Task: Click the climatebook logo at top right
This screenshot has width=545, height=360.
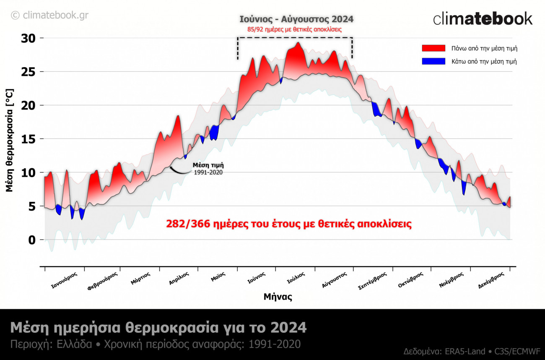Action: point(483,19)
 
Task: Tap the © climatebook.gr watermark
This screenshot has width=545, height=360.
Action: point(49,16)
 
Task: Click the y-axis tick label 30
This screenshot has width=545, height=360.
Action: point(29,38)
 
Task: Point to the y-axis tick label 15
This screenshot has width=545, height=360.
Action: point(29,139)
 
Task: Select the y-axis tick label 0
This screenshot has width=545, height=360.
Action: point(32,240)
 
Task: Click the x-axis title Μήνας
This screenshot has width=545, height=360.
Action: point(278,297)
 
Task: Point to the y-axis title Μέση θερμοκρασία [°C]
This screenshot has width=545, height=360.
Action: point(10,140)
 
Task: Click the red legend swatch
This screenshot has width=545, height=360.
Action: point(433,48)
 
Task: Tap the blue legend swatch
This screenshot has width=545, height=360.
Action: point(433,61)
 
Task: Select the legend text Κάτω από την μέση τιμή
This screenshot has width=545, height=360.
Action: point(484,61)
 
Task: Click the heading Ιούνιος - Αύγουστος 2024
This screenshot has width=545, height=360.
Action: point(296,19)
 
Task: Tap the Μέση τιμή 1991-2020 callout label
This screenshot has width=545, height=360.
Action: point(208,169)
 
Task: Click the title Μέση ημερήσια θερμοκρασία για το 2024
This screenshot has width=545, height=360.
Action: point(158,327)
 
